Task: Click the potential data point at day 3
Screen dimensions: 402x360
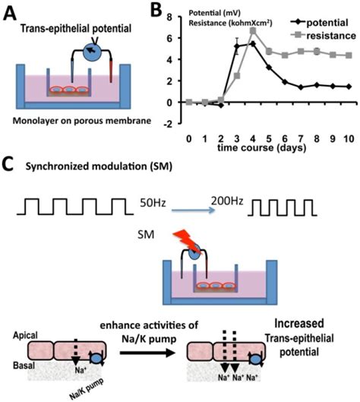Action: (236, 46)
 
